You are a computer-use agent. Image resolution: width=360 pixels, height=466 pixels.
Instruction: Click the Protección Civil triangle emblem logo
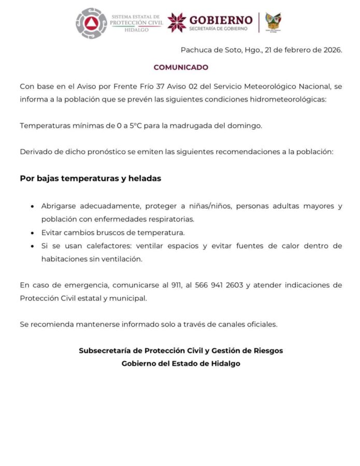91,23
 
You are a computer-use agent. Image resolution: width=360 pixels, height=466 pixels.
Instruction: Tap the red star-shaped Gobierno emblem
177,22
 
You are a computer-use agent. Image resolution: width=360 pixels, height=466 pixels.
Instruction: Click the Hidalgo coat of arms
273,22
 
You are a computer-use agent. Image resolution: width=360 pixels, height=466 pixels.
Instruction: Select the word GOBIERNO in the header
221,19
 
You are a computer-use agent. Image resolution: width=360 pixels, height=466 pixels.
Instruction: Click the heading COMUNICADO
181,67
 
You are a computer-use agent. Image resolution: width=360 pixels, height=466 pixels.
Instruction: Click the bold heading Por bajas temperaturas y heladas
91,179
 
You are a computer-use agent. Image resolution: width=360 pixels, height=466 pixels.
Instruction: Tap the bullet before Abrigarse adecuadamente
33,207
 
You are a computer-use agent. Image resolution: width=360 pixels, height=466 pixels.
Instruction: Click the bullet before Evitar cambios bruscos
33,233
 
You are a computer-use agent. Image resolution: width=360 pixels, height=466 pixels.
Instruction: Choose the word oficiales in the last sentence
261,325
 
